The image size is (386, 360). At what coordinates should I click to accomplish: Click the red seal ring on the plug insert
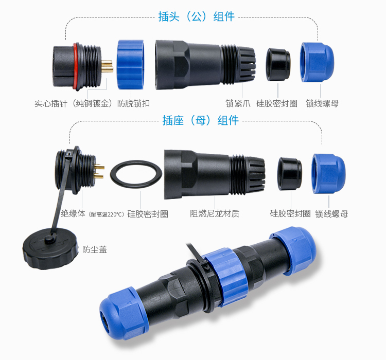pyautogui.click(x=76, y=64)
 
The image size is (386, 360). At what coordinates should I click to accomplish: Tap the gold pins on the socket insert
pyautogui.click(x=100, y=172)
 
